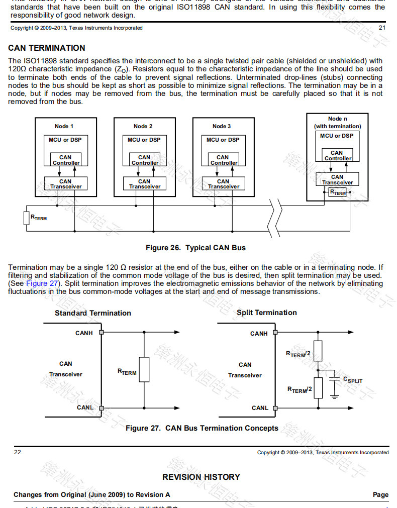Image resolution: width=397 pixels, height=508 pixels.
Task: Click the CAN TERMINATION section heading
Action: coord(47,48)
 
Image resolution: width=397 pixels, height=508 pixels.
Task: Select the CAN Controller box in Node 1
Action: coord(66,160)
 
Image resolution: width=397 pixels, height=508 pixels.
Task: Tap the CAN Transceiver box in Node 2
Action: coord(144,184)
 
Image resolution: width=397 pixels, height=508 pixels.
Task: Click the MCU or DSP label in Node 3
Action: coord(223,140)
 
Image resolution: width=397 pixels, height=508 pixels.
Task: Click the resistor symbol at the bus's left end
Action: coord(27,218)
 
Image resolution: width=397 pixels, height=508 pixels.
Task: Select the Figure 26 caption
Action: coord(195,248)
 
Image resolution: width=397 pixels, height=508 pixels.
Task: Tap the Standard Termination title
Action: coord(92,313)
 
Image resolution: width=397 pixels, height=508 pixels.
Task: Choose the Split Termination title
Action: coord(266,313)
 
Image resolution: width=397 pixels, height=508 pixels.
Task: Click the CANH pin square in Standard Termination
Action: coord(102,332)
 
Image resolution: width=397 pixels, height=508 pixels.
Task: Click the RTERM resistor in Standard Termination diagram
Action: coord(144,370)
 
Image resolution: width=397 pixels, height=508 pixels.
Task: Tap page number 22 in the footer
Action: coord(18,452)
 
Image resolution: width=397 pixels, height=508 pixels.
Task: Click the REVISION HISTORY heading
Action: coord(201,477)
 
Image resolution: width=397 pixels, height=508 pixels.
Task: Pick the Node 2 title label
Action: coord(143,126)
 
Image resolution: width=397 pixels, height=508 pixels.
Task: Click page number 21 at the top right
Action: coord(382,28)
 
